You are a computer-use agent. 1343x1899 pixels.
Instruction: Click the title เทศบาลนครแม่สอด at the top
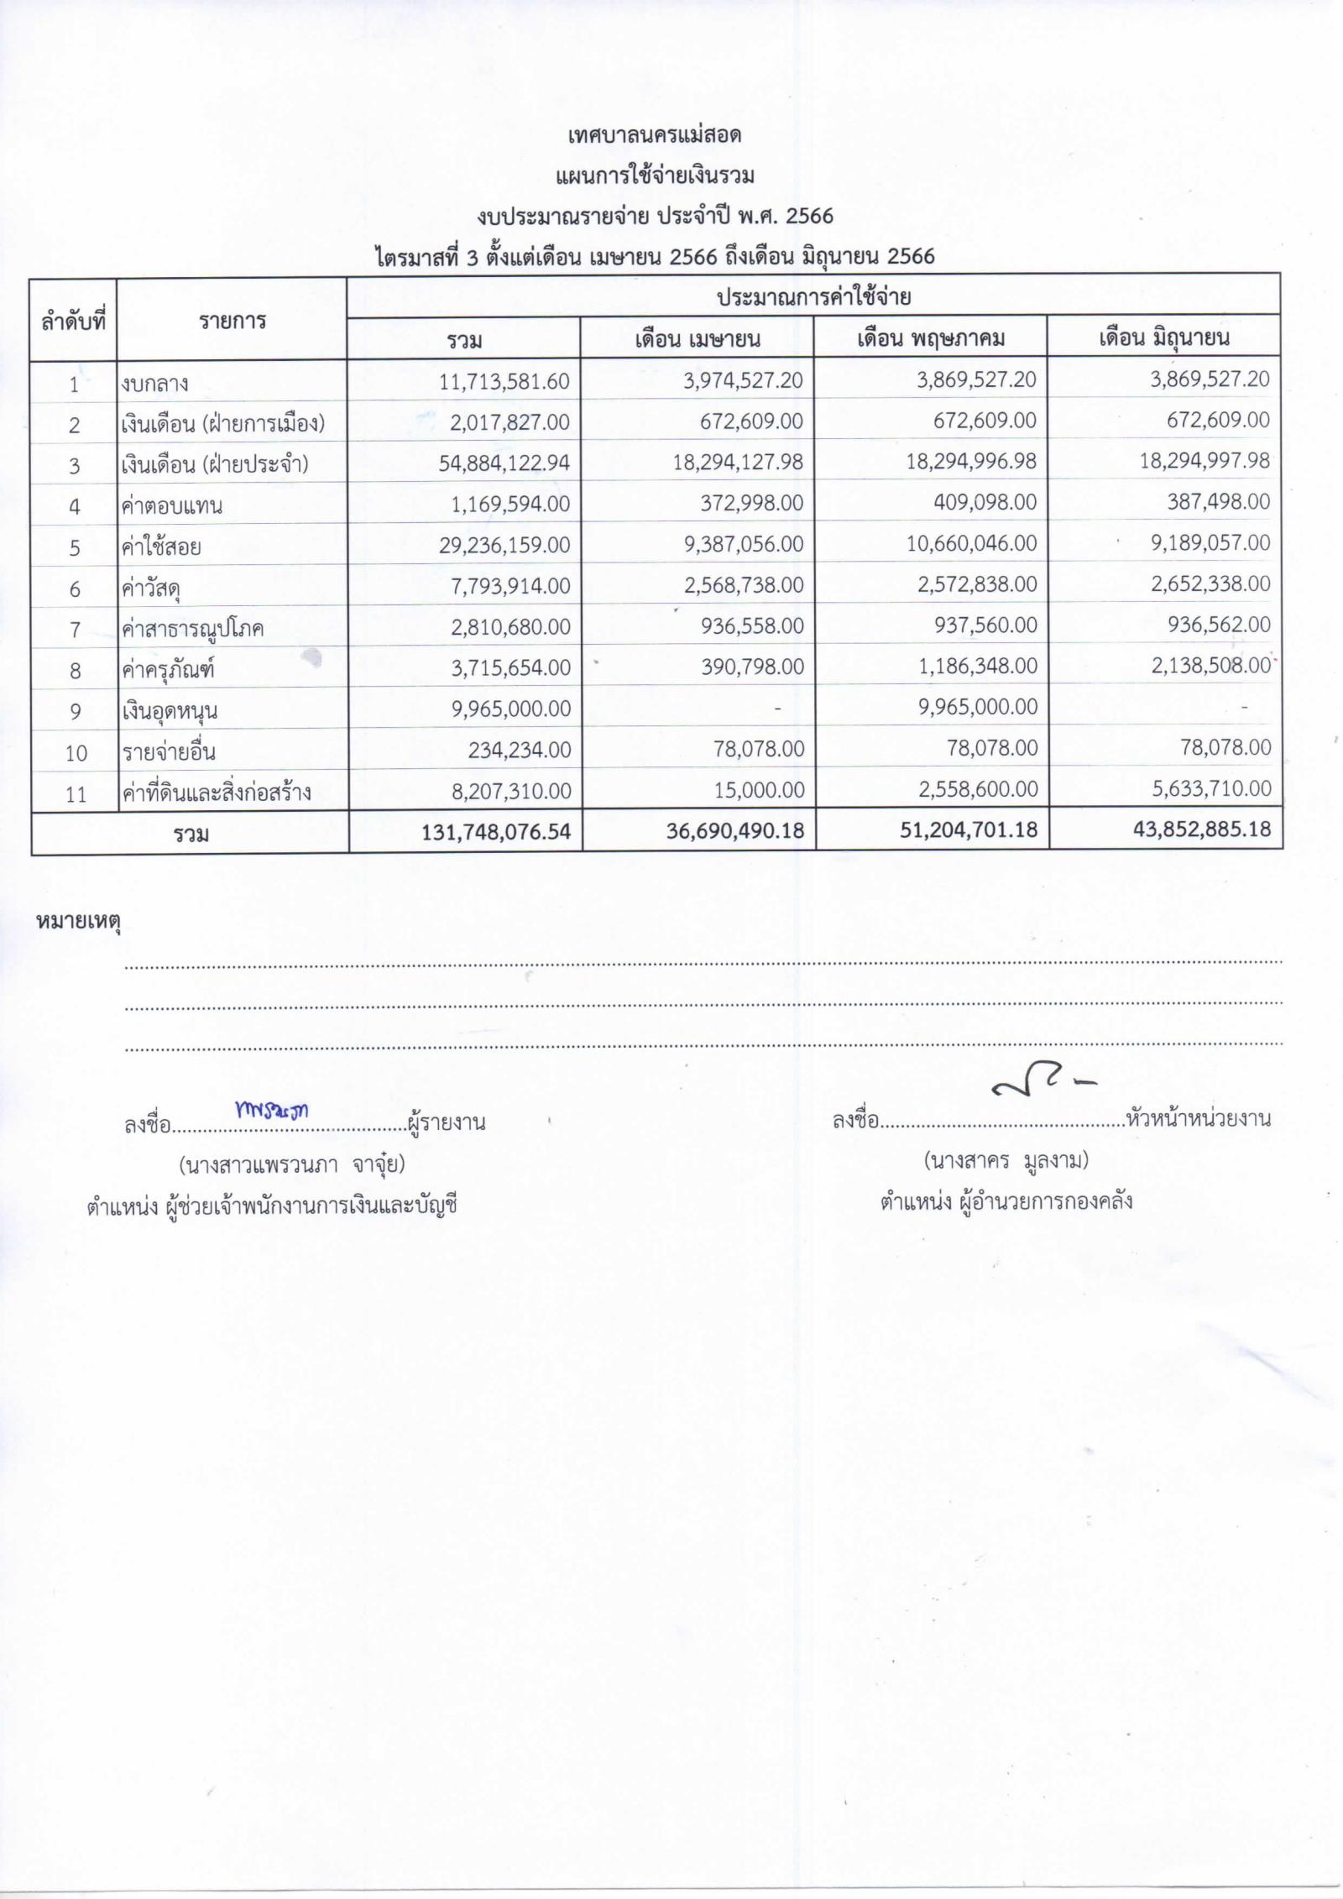[654, 135]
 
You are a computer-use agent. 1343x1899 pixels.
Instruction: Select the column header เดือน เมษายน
[697, 339]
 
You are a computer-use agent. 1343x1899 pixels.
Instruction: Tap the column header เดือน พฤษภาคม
[930, 338]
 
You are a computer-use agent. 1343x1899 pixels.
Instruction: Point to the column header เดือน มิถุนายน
[1164, 337]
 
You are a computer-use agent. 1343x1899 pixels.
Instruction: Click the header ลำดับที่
[73, 320]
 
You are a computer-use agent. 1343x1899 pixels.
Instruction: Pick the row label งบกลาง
[154, 384]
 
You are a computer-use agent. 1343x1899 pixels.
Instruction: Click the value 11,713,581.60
[504, 382]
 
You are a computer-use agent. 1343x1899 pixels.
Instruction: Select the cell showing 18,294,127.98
[738, 462]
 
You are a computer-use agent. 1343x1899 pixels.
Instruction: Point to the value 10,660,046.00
[971, 543]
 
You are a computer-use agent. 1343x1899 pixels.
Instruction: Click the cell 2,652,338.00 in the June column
[1210, 583]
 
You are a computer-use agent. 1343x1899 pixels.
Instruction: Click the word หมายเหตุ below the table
[78, 922]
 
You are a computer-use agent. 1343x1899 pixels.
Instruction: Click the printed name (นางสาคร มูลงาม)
[1006, 1160]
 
